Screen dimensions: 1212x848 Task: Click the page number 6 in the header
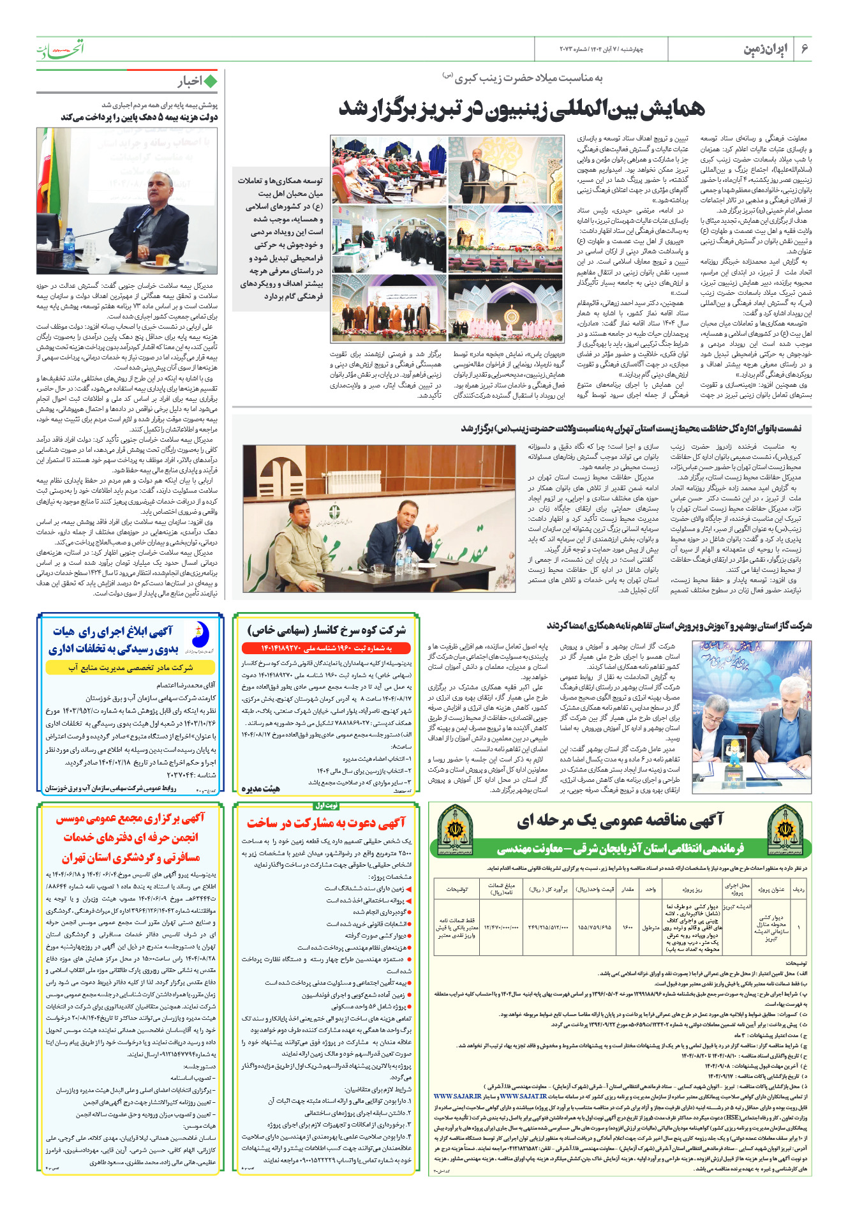coord(805,49)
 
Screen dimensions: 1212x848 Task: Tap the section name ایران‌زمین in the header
coord(765,49)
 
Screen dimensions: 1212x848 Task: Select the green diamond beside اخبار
coord(210,81)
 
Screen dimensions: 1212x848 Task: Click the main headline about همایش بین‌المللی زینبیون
coord(521,109)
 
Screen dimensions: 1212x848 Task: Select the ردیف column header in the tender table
coord(798,889)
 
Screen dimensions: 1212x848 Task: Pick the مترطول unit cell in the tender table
coord(651,927)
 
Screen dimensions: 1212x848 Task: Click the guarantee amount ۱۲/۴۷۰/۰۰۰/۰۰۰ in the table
coord(501,927)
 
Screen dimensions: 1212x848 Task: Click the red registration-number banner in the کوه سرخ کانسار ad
coord(326,649)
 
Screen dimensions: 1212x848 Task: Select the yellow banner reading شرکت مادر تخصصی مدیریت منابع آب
coord(130,668)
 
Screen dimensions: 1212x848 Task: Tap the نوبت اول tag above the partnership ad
coord(325,805)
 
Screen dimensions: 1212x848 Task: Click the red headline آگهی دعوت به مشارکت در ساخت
coord(326,823)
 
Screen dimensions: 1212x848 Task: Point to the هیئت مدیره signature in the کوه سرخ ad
coord(260,789)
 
